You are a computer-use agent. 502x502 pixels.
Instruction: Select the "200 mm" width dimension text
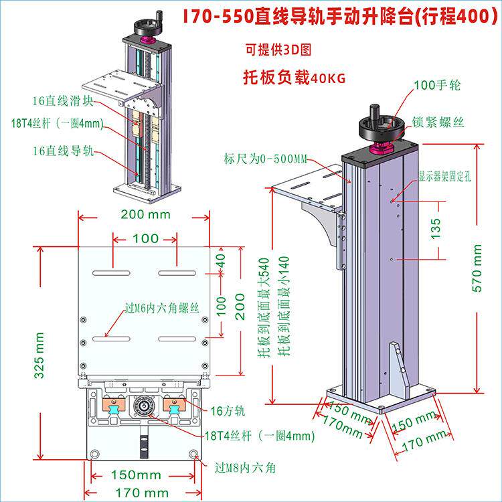click(x=145, y=214)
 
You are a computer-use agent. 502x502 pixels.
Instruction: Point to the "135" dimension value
click(x=436, y=228)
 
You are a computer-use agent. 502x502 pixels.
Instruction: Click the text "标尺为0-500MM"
click(x=266, y=159)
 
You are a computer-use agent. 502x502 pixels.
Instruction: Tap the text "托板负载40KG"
click(x=294, y=77)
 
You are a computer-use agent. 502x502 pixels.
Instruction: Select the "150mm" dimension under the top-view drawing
click(x=136, y=475)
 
